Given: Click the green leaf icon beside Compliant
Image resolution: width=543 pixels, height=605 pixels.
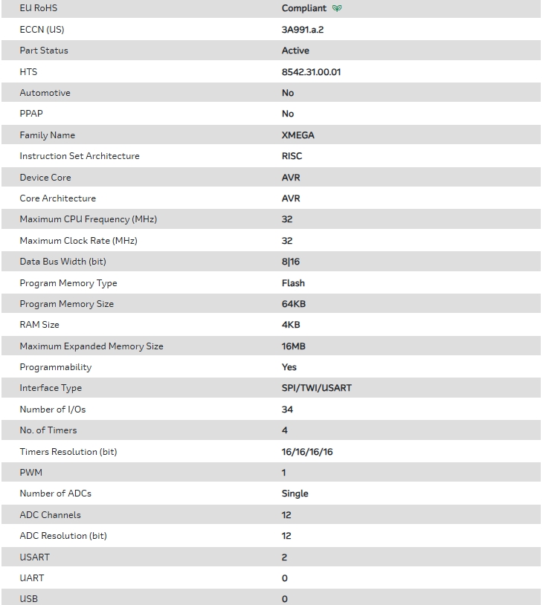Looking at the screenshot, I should click(x=337, y=9).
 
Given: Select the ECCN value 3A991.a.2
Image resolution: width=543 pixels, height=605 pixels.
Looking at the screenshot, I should click(x=302, y=30).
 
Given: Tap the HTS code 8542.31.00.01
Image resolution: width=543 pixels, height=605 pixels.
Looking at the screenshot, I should click(x=311, y=72).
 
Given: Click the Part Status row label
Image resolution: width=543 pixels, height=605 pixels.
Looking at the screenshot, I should click(x=44, y=51).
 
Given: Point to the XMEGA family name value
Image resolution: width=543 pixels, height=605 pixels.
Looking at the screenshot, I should click(x=298, y=135).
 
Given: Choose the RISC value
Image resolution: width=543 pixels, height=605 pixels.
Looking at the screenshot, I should click(x=292, y=156).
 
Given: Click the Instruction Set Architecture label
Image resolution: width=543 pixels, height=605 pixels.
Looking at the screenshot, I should click(x=80, y=156).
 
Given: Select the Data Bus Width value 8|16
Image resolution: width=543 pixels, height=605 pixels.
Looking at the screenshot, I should click(x=290, y=262).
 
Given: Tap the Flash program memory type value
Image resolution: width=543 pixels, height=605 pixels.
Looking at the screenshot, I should click(x=293, y=283).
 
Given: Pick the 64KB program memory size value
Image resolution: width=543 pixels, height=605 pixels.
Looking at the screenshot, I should click(x=293, y=304).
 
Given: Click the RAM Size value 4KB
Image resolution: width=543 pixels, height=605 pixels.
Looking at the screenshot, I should click(x=291, y=325).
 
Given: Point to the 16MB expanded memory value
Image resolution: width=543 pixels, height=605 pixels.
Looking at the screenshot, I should click(x=293, y=346).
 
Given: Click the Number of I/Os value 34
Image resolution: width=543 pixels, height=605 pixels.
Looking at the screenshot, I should click(x=287, y=410).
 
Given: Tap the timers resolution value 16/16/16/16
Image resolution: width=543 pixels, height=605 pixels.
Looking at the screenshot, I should click(x=307, y=452).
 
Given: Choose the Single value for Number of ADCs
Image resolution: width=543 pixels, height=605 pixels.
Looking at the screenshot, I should click(x=295, y=494).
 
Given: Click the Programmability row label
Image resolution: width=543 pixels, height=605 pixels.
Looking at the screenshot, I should click(x=55, y=367).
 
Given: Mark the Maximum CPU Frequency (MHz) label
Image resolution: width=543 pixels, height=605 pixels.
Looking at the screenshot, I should click(x=88, y=219).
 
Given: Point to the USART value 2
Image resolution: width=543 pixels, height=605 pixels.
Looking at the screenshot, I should click(x=284, y=557).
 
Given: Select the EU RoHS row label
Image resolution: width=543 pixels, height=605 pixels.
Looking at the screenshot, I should click(x=38, y=8).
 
